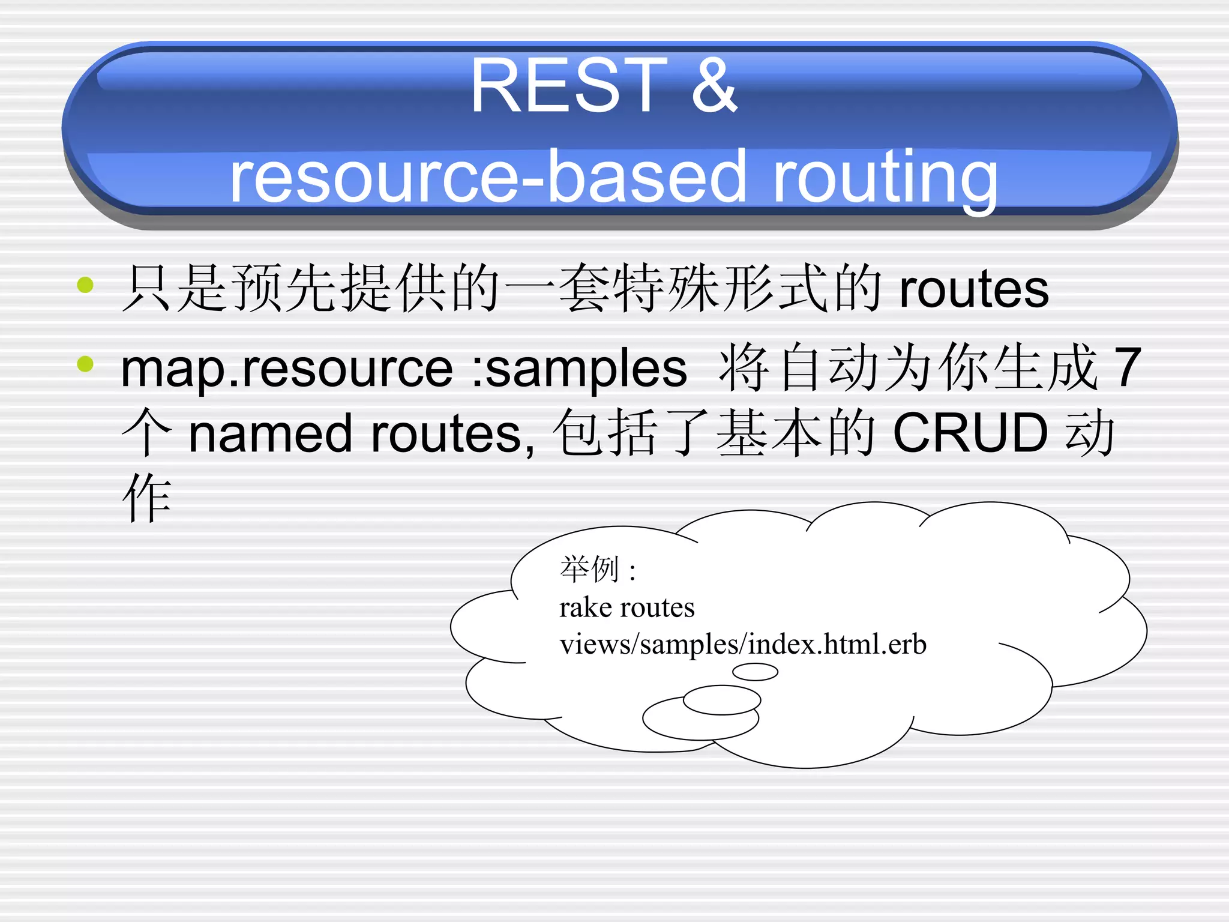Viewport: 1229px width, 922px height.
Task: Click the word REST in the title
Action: (568, 86)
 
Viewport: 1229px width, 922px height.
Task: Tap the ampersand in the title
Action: (714, 86)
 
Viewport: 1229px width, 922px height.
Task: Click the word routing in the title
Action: (885, 178)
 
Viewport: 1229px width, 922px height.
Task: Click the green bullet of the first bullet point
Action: (86, 285)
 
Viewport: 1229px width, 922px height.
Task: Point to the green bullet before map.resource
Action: (86, 364)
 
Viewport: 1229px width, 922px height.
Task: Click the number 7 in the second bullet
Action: (1127, 367)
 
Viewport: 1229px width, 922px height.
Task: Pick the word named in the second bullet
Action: (269, 433)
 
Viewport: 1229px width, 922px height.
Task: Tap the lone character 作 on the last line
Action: (147, 498)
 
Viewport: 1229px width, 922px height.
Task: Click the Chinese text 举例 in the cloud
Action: (589, 569)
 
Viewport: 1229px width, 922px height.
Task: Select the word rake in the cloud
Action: (581, 607)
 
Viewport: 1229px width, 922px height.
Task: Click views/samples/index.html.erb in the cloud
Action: (742, 645)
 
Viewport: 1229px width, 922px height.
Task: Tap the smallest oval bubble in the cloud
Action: (755, 672)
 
